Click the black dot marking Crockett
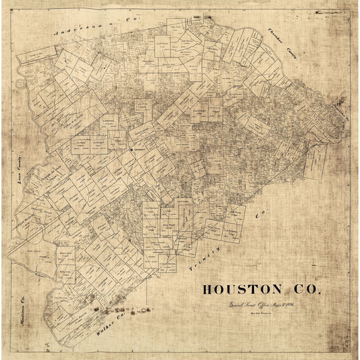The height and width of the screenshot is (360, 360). pos(130,150)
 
